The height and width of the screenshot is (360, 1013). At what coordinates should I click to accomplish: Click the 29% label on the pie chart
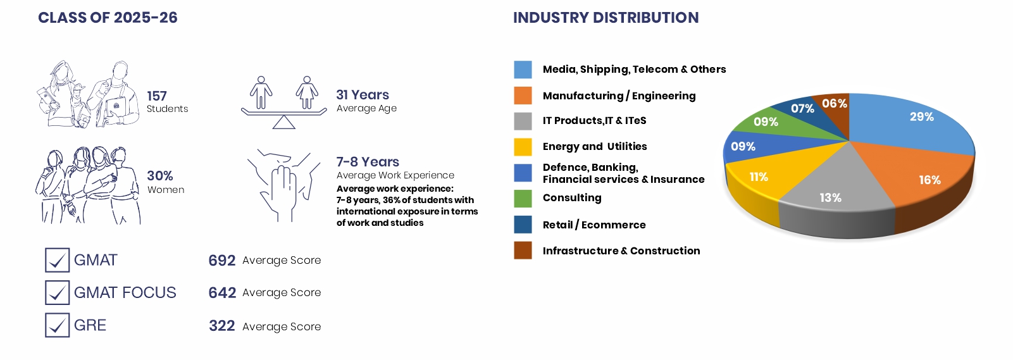click(x=922, y=116)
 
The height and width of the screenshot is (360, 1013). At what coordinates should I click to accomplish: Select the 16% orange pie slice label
click(x=929, y=180)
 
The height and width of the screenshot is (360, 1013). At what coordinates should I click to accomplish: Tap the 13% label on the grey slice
click(x=830, y=197)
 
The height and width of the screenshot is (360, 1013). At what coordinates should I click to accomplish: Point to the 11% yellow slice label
click(x=759, y=177)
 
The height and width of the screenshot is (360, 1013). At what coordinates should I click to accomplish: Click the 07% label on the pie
click(x=802, y=109)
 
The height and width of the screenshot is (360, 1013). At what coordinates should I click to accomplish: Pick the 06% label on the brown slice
click(x=835, y=104)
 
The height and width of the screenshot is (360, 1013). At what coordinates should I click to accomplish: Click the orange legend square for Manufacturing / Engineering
click(x=523, y=96)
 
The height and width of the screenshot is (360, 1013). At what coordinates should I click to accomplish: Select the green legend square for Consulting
click(x=523, y=199)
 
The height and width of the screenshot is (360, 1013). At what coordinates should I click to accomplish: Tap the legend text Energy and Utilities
click(x=595, y=147)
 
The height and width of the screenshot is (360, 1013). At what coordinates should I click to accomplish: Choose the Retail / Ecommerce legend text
click(x=594, y=225)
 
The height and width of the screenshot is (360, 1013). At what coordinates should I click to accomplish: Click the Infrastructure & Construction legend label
click(x=621, y=251)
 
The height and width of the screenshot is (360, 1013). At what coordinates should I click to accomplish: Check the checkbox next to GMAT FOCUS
click(x=58, y=292)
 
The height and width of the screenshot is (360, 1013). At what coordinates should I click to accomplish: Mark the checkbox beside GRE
click(x=58, y=325)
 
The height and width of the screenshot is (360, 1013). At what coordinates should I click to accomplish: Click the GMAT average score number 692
click(x=221, y=261)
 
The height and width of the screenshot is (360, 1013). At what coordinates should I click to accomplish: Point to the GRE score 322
click(x=221, y=326)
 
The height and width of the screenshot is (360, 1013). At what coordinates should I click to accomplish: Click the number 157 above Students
click(x=157, y=96)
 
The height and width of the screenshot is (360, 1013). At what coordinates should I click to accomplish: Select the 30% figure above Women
click(x=160, y=175)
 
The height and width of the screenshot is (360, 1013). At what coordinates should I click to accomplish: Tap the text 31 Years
click(x=363, y=94)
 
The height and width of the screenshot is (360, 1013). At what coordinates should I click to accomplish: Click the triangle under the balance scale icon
click(x=283, y=122)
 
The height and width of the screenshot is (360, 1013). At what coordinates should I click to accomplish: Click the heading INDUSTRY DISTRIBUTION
click(x=606, y=18)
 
